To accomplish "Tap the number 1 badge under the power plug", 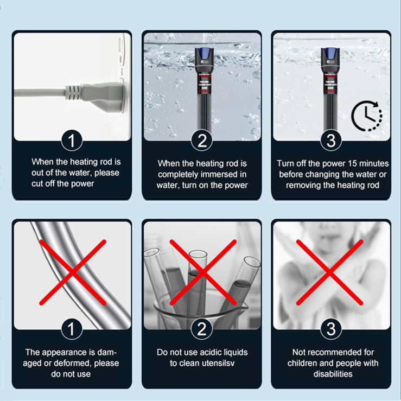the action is pyautogui.click(x=72, y=141).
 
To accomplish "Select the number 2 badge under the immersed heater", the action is pyautogui.click(x=202, y=141).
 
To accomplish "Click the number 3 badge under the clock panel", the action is pyautogui.click(x=331, y=141).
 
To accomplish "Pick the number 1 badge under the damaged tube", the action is pyautogui.click(x=72, y=329).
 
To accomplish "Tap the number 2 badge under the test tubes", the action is pyautogui.click(x=202, y=329).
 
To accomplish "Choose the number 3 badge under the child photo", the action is pyautogui.click(x=331, y=329).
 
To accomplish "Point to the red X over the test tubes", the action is pyautogui.click(x=203, y=272).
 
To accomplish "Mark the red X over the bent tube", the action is pyautogui.click(x=73, y=272).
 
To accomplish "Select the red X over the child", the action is pyautogui.click(x=330, y=272).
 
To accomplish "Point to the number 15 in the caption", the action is pyautogui.click(x=348, y=163).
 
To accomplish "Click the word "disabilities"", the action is pyautogui.click(x=333, y=374).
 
